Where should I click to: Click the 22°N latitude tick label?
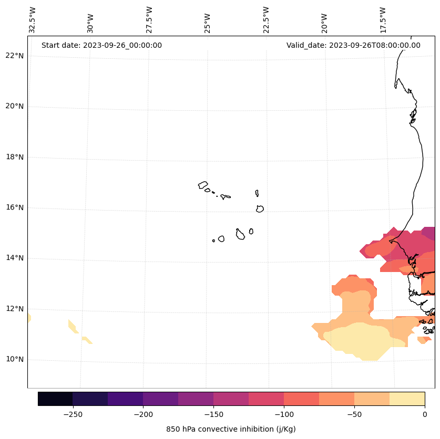click(14, 56)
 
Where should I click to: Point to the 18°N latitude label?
click(14, 157)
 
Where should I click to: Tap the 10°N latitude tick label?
click(14, 360)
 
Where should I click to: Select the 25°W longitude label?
click(208, 20)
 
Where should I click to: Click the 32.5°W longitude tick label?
click(33, 20)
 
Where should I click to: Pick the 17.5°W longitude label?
click(383, 20)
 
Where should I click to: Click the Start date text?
click(101, 45)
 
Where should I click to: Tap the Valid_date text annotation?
click(353, 45)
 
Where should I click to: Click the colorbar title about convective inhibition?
click(231, 429)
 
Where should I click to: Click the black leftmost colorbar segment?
click(55, 399)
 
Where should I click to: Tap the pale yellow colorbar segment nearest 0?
click(407, 399)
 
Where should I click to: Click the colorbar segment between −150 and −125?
click(231, 399)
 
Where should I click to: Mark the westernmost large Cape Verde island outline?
click(203, 185)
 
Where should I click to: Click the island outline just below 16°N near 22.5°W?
click(260, 208)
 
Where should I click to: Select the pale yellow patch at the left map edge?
click(29, 318)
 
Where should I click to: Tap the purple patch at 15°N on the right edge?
click(428, 233)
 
